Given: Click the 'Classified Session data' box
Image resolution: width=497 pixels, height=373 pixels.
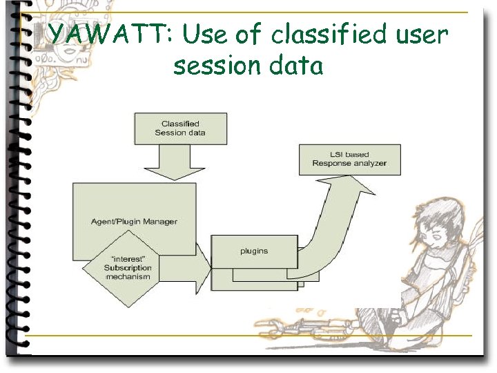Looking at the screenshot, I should point(180,128).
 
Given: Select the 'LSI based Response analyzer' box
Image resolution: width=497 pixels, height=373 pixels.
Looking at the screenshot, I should point(349,159).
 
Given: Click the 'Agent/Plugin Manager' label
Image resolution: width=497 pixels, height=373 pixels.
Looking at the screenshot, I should point(134,221).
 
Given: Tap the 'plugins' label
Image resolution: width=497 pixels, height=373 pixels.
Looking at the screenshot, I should point(254,251).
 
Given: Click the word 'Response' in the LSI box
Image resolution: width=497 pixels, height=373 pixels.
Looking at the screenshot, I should point(331,164).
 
